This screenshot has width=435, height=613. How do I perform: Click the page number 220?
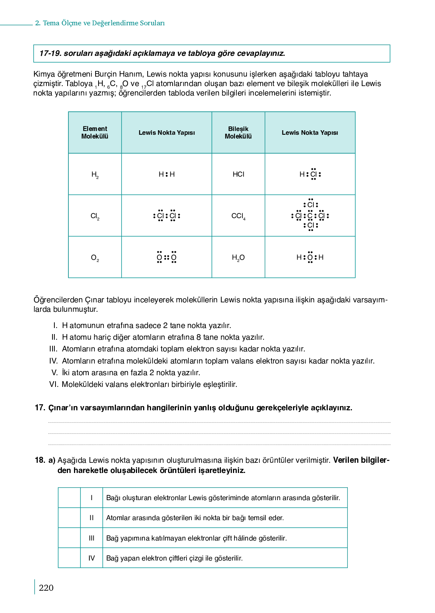(46, 588)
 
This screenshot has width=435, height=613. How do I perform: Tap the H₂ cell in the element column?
(95, 174)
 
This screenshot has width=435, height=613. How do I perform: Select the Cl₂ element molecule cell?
(95, 216)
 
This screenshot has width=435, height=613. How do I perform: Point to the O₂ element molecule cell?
(95, 257)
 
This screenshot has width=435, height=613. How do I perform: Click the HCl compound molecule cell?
(238, 174)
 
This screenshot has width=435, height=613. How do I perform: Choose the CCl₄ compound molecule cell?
(238, 216)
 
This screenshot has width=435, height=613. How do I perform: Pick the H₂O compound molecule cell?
(238, 257)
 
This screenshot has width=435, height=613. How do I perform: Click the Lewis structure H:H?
(167, 174)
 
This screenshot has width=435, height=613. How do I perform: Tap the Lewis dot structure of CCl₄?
(310, 216)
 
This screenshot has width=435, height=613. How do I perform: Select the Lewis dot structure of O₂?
(167, 257)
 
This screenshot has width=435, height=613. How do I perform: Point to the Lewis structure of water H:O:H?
(310, 257)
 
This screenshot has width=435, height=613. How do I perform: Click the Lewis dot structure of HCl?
(310, 174)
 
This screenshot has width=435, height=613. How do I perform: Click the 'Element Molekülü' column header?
(95, 132)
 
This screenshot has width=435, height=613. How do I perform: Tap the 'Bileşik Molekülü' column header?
(238, 132)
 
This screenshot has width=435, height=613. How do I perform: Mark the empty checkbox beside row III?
(69, 538)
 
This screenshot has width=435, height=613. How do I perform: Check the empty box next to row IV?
(69, 558)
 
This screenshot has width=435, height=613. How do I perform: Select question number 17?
(40, 408)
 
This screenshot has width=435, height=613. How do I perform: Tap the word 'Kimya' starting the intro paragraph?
(44, 74)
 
